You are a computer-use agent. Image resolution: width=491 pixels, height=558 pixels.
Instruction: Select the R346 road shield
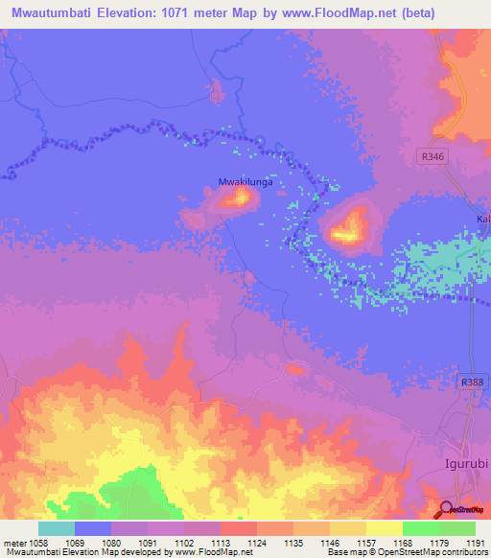point(433,153)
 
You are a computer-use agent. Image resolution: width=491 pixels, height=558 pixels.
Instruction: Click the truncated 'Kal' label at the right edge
point(482,220)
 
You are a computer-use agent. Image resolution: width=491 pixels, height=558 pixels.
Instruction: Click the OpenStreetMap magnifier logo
point(446,508)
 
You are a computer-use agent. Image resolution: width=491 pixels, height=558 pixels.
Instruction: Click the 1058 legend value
point(38,543)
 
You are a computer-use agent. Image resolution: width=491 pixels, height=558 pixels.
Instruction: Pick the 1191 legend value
point(476,543)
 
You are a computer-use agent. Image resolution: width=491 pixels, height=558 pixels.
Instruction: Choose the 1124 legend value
point(257,543)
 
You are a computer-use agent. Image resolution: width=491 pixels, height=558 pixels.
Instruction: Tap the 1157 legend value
point(366,543)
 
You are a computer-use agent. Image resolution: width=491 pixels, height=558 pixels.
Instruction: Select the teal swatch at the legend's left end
point(57,528)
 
